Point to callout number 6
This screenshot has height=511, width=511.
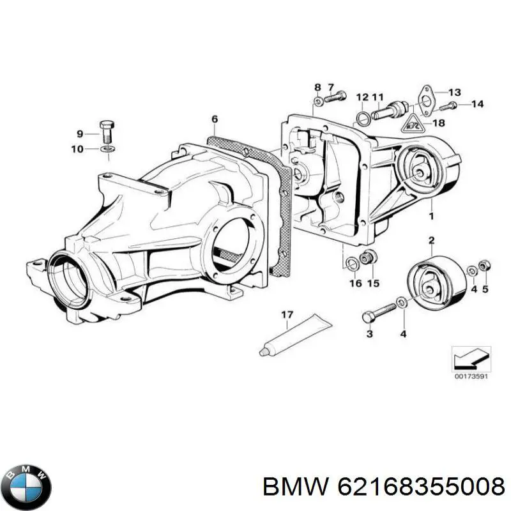(215, 119)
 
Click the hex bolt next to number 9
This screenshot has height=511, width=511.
(106, 133)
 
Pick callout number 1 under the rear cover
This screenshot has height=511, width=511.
(431, 217)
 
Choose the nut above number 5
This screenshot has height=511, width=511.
(484, 264)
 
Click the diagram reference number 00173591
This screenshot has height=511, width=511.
(471, 377)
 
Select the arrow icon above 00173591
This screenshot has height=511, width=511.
(471, 358)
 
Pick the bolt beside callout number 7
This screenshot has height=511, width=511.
(335, 97)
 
